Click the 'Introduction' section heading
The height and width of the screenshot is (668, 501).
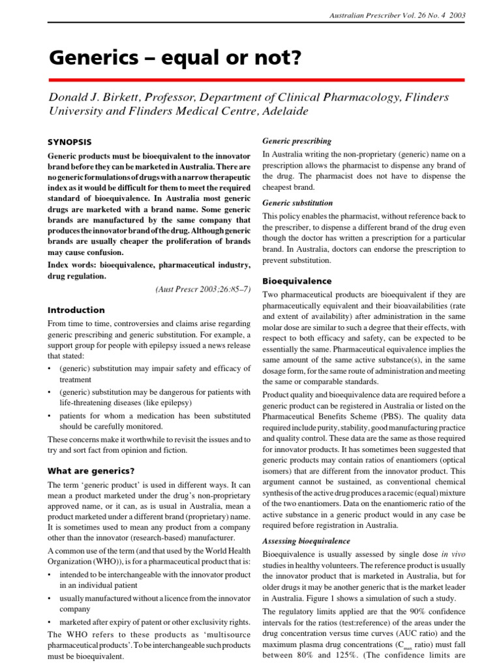point(76,310)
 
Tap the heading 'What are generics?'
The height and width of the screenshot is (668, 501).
point(91,470)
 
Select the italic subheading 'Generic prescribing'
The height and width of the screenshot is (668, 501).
point(296,141)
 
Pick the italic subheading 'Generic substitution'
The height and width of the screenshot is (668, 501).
point(297,203)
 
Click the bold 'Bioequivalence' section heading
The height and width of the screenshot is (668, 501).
point(297,281)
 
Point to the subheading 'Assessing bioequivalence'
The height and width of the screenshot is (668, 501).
point(306,541)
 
